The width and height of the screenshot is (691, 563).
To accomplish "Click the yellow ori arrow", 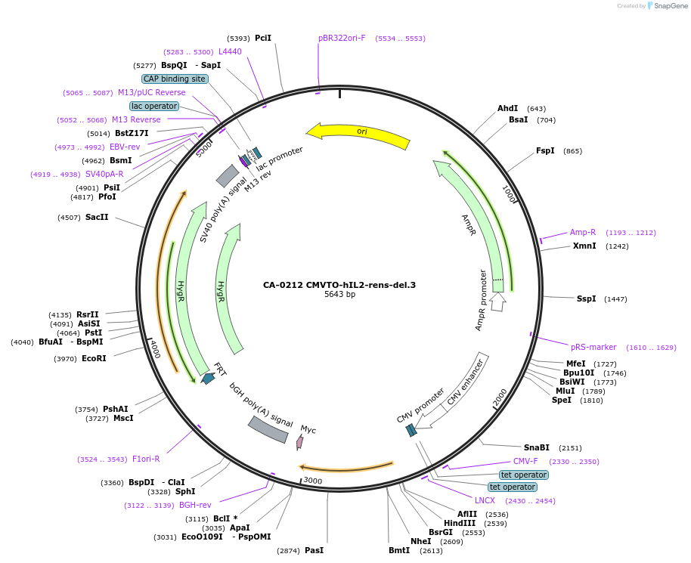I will click(361, 133).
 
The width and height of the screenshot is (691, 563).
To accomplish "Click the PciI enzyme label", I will click(262, 38).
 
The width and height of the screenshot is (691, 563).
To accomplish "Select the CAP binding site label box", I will click(175, 79).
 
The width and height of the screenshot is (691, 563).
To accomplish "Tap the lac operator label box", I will click(154, 106).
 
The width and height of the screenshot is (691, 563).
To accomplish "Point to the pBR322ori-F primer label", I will click(342, 38).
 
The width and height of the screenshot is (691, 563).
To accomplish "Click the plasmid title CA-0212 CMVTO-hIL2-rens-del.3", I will click(339, 285).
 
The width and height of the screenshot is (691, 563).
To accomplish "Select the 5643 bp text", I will click(339, 295).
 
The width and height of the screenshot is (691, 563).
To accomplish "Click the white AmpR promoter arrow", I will click(497, 302).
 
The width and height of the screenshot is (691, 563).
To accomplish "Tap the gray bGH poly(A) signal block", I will click(268, 429).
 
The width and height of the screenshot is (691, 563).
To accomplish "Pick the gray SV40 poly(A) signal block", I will click(228, 176).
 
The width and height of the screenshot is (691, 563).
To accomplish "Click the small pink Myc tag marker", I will click(300, 441).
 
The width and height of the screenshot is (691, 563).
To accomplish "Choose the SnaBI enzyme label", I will click(537, 447).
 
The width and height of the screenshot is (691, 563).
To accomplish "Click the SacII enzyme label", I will click(97, 218).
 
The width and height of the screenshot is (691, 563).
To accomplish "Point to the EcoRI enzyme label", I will click(94, 358).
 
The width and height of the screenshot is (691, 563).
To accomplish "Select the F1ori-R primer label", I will click(146, 459).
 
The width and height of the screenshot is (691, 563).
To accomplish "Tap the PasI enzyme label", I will click(314, 550).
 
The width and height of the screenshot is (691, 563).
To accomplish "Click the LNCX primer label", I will click(485, 500).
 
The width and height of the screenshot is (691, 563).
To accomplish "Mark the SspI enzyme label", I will click(586, 299).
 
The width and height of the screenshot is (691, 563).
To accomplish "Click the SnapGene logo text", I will click(670, 6).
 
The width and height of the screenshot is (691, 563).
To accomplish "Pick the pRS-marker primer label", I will click(593, 347).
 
